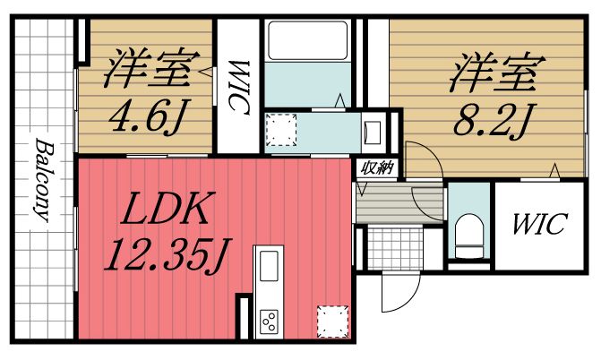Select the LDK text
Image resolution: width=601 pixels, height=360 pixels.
coord(167,212)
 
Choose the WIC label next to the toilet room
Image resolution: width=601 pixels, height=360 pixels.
coord(538,224)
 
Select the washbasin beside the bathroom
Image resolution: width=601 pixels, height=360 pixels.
coord(371,133)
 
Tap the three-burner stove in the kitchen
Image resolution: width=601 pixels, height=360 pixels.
coord(269,319)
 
